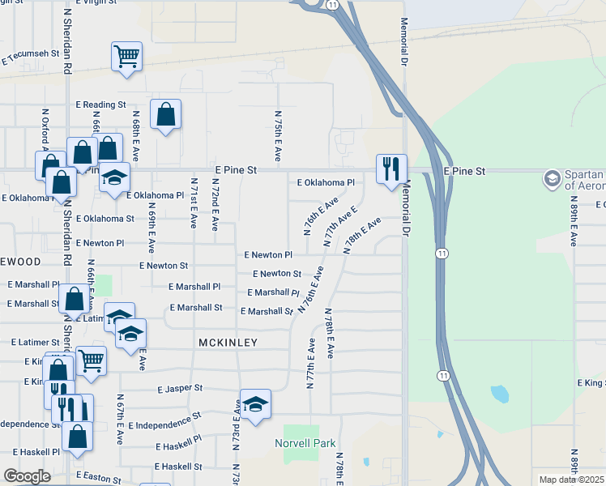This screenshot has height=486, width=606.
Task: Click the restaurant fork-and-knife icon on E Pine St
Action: [391, 169]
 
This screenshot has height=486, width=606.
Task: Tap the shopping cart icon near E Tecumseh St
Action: [126, 57]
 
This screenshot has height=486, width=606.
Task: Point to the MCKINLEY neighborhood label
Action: [228, 343]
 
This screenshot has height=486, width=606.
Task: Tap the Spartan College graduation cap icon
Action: [553, 178]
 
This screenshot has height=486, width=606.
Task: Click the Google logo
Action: [27, 476]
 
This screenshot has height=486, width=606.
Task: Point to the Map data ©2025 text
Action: [572, 480]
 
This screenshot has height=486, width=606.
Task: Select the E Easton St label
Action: [98, 478]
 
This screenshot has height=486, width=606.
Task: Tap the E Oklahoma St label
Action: [105, 218]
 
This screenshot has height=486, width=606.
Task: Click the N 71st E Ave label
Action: [194, 204]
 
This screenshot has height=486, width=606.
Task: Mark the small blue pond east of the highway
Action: [500, 394]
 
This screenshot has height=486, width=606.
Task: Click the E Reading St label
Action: [101, 104]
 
